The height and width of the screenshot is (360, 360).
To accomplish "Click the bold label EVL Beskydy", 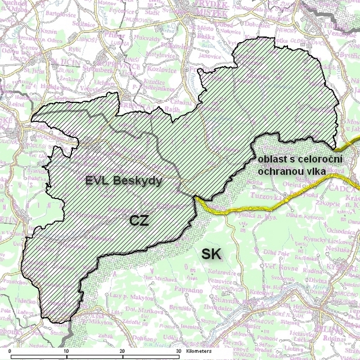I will point(124,181).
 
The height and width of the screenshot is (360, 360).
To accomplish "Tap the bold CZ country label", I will point(139,220).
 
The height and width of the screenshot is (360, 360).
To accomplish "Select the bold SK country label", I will point(211,254).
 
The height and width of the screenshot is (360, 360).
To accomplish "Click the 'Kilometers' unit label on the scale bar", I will point(200,350).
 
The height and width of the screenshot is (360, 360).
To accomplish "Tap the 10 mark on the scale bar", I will point(66,350).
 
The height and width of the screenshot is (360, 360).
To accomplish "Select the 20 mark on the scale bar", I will point(122,350).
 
